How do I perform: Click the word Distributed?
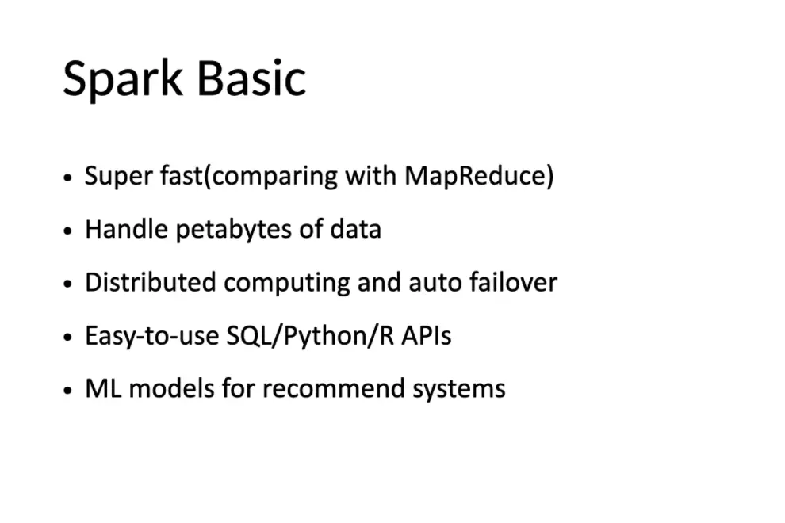point(150,282)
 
